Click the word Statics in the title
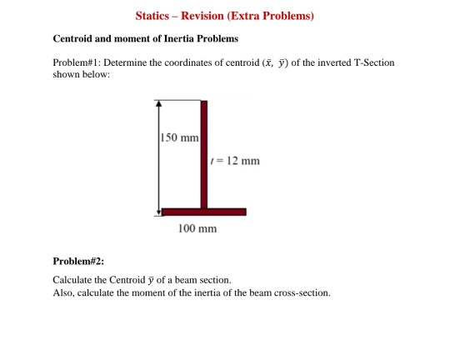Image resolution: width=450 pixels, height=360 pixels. point(155,16)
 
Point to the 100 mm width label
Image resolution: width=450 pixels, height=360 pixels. point(197,228)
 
